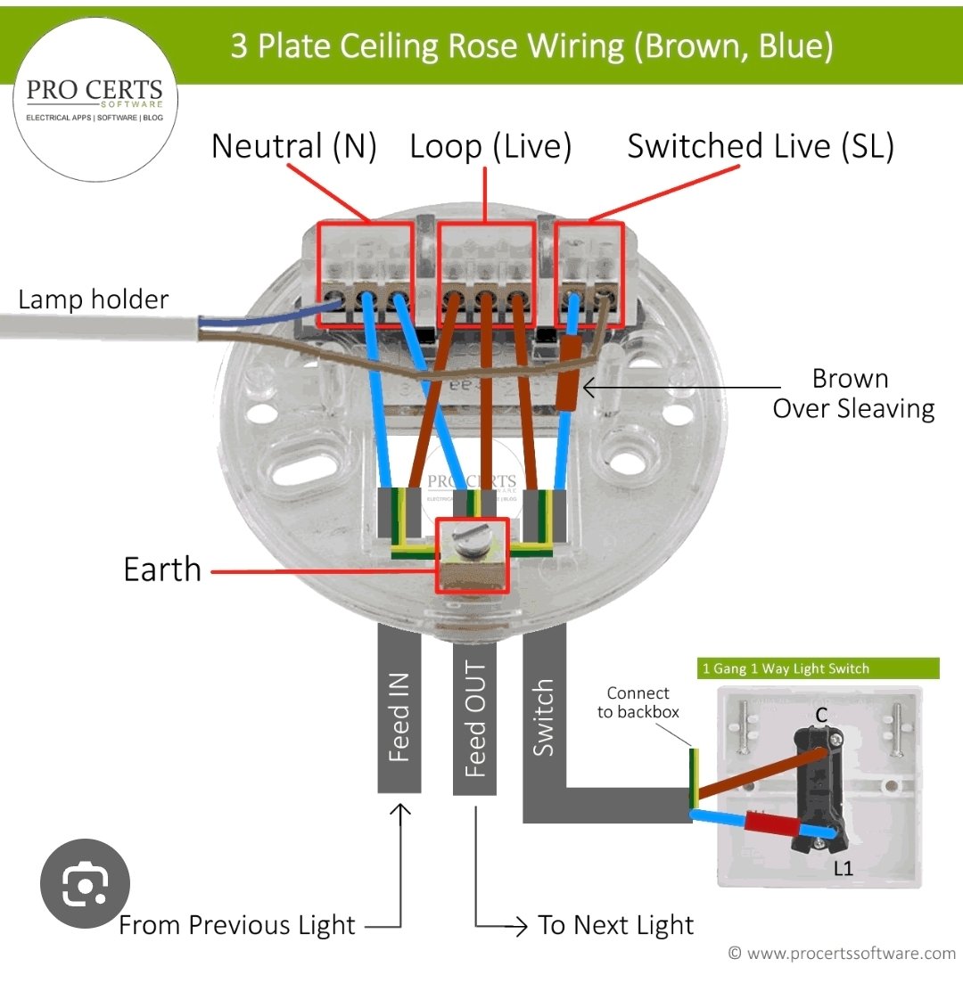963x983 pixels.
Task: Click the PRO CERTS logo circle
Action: pos(95,100)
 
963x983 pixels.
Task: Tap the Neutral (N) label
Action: pos(294,147)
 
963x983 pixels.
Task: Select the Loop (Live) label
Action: pos(490,147)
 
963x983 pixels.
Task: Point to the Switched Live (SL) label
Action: pos(761,147)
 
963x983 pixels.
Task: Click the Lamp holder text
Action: pos(94,299)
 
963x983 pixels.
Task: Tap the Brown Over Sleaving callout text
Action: pos(853,394)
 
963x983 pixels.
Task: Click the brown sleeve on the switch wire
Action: pos(568,373)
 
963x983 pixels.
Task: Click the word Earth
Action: pos(162,569)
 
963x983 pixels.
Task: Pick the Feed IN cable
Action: pos(399,709)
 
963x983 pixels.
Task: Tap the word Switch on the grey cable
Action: pos(543,717)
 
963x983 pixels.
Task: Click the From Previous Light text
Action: pos(236,925)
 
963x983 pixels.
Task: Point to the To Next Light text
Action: pos(615,925)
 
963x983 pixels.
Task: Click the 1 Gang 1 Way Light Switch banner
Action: pos(818,668)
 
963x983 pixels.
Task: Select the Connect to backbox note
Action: pos(638,703)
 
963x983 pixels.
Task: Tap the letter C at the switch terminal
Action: pos(822,716)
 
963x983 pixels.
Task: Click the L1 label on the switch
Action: pos(844,868)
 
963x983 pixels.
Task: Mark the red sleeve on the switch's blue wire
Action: pos(772,823)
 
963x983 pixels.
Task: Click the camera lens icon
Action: pos(86,883)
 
